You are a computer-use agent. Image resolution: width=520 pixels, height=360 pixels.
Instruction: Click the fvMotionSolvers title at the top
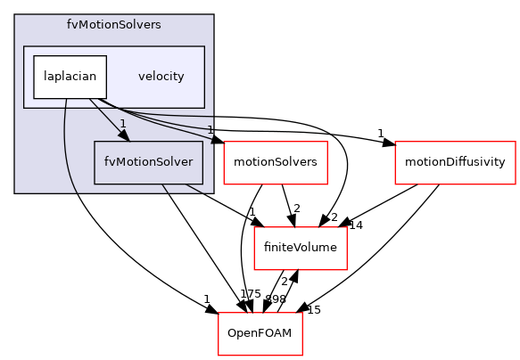[x=113, y=25]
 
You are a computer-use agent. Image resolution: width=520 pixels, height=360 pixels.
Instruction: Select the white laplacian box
[x=70, y=77]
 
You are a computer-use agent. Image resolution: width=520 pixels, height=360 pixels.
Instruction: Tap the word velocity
[x=161, y=77]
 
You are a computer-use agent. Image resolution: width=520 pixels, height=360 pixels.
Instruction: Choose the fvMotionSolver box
[x=149, y=163]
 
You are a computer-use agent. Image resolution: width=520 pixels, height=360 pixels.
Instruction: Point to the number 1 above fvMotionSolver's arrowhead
[x=122, y=124]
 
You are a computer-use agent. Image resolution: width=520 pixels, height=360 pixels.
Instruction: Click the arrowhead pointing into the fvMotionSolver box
[x=125, y=135]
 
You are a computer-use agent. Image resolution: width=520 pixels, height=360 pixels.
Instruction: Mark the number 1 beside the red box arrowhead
[x=210, y=130]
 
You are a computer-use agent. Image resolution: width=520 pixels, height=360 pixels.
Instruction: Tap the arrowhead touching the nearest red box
[x=217, y=141]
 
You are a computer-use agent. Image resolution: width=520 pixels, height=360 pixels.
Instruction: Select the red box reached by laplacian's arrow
[x=275, y=163]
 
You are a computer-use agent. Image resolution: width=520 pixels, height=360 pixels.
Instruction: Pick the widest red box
[x=455, y=163]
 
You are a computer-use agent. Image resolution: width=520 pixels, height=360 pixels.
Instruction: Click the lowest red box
[x=260, y=334]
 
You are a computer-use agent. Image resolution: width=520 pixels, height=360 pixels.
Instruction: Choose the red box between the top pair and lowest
[x=300, y=249]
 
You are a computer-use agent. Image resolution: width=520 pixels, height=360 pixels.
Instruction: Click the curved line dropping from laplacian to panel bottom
[x=67, y=151]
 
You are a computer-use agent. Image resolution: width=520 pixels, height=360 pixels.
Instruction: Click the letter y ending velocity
[x=181, y=78]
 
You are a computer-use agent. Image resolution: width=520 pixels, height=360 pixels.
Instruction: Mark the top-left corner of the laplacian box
[x=34, y=55]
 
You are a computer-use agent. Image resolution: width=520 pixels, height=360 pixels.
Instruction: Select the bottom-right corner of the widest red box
[x=516, y=184]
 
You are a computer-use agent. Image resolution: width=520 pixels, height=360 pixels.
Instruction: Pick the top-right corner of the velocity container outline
[x=205, y=46]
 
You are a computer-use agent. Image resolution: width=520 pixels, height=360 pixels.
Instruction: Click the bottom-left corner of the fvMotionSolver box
[x=95, y=184]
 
